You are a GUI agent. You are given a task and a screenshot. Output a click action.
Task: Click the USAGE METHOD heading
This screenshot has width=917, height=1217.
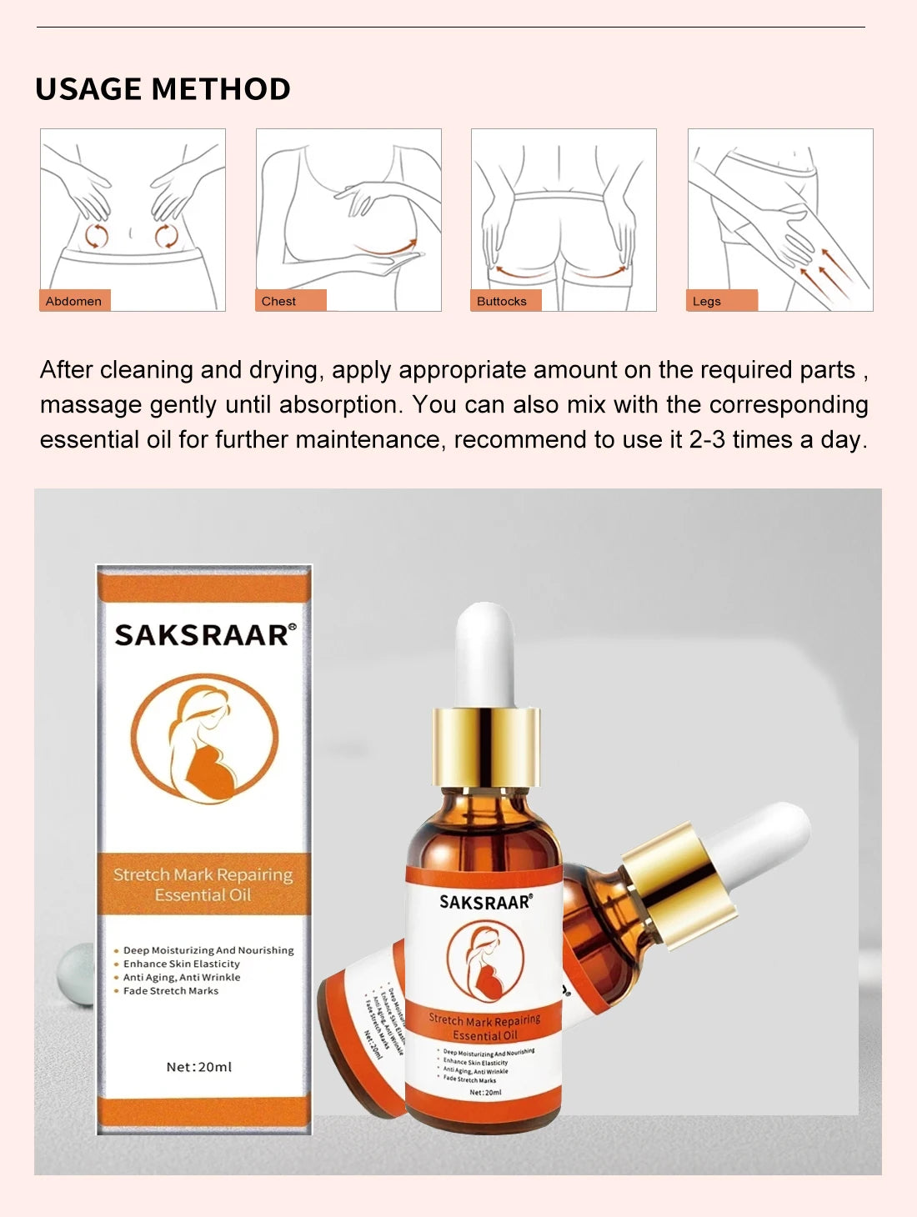point(163,89)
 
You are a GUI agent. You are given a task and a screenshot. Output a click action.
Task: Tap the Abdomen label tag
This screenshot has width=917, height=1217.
point(74,301)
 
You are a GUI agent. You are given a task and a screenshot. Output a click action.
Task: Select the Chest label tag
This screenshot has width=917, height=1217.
point(279,301)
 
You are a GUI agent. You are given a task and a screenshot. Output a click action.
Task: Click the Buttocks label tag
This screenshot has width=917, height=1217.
point(502,301)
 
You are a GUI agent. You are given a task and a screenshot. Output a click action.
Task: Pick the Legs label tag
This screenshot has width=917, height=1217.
point(707,301)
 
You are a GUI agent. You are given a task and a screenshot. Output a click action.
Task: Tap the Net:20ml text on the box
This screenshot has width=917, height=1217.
point(199,1067)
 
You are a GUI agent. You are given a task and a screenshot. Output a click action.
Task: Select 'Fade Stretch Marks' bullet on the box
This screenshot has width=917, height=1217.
point(170,991)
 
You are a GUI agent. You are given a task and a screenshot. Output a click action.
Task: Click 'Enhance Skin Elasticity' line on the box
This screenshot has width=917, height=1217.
point(181,964)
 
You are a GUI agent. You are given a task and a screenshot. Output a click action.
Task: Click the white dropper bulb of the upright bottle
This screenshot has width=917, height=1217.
point(485,654)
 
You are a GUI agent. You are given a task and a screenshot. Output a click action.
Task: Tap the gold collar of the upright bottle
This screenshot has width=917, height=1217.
point(486,748)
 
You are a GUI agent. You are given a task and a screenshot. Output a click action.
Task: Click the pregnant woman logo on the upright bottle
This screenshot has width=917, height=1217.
point(485,963)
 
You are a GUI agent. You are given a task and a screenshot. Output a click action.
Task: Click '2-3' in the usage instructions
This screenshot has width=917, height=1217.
point(707,440)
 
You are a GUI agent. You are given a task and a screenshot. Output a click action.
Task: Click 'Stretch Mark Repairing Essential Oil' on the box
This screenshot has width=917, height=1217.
point(203,884)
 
